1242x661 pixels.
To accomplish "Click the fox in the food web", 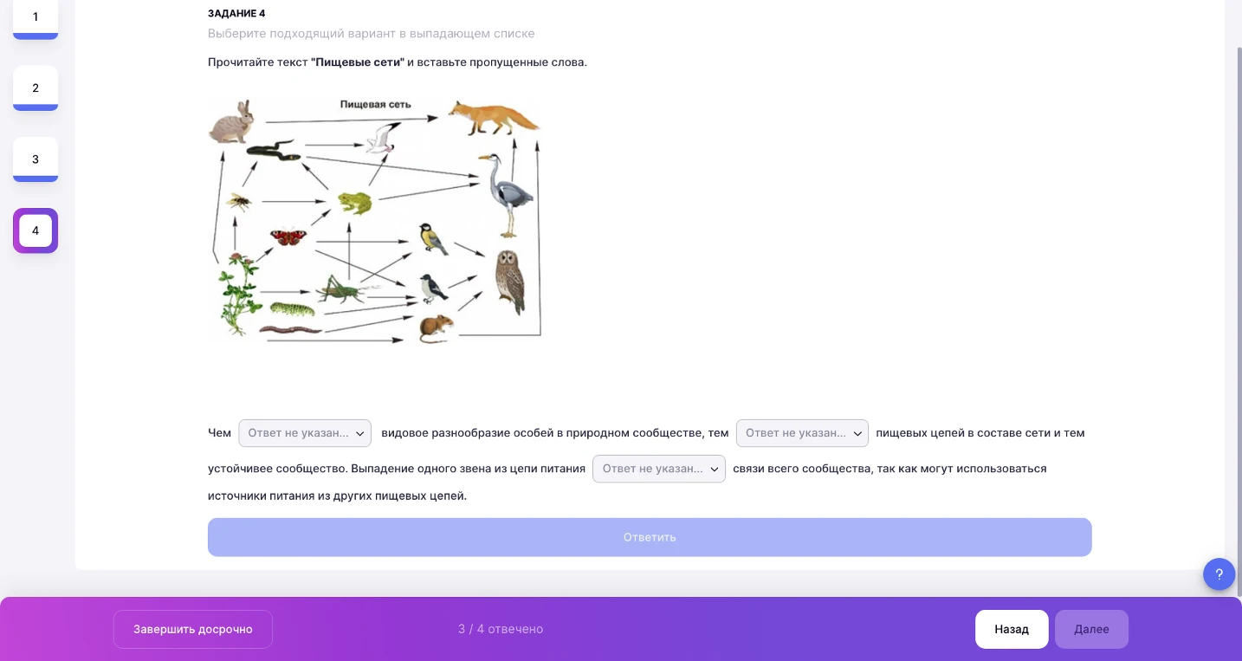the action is (492, 118).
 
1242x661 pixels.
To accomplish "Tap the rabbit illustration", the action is (232, 122).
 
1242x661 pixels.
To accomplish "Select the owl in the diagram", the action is (510, 282).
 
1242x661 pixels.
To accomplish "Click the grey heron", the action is (507, 195).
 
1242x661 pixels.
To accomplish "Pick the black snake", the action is (274, 150).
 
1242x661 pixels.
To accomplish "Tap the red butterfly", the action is (288, 237).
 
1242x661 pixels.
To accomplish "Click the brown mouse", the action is (437, 329).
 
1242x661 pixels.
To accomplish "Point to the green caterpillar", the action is (292, 308).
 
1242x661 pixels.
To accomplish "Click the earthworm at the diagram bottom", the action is (290, 330).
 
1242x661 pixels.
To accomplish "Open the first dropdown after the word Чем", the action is (304, 433).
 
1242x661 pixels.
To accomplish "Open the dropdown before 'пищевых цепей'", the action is (802, 433).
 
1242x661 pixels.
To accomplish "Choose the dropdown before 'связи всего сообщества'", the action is (659, 469).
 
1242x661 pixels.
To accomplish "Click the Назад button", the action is (1012, 629).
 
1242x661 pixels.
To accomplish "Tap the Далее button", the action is (1091, 629).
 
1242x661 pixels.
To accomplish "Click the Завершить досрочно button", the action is (193, 629).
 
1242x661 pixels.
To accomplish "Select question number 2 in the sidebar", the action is (36, 87).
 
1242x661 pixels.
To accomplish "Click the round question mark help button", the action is (1219, 574).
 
